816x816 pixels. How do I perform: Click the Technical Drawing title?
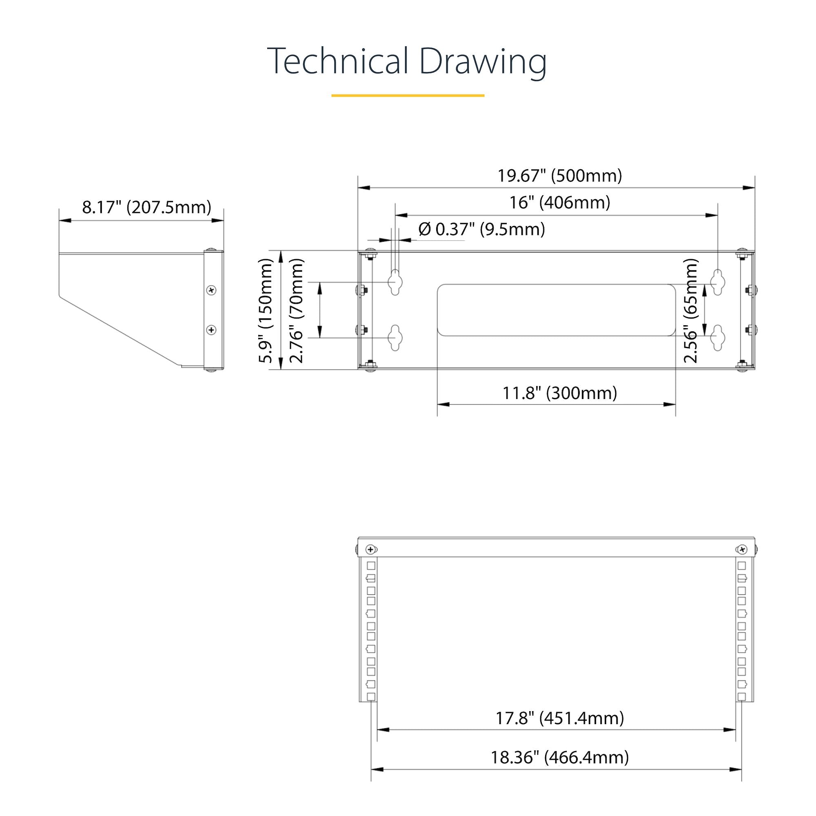pyautogui.click(x=407, y=62)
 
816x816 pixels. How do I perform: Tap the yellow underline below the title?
pyautogui.click(x=408, y=95)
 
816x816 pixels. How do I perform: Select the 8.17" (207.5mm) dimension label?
pyautogui.click(x=146, y=207)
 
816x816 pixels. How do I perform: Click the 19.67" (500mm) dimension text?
pyautogui.click(x=560, y=175)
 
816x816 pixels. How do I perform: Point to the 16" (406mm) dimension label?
pyautogui.click(x=560, y=202)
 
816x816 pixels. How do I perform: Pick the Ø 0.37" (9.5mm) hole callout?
pyautogui.click(x=481, y=229)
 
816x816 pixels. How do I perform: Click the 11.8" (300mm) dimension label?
pyautogui.click(x=560, y=393)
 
